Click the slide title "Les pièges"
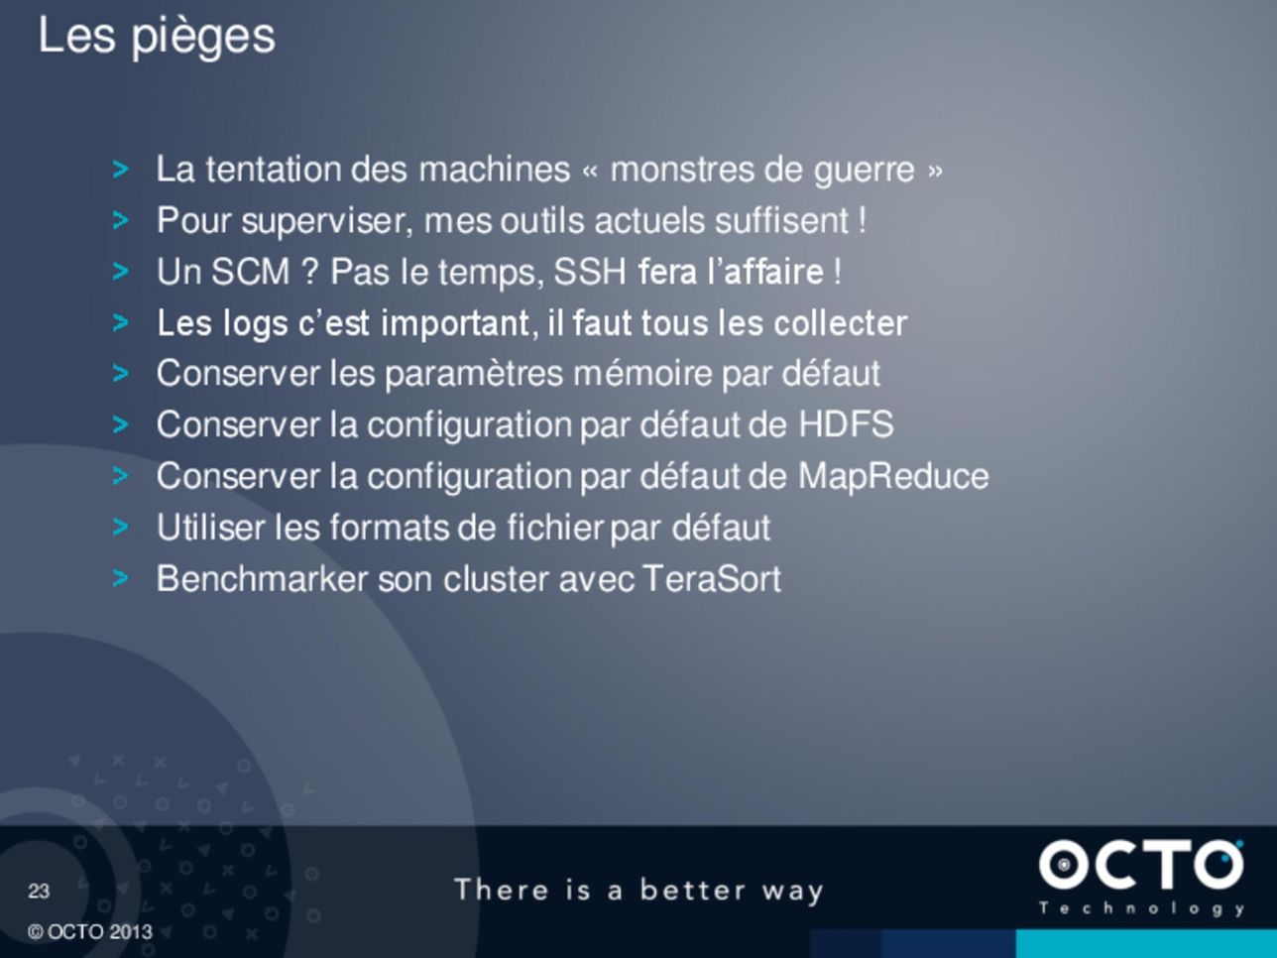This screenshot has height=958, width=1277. pos(157,37)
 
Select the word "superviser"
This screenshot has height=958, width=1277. pos(327,221)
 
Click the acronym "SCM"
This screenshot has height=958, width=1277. pos(251,272)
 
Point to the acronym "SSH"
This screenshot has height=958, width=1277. pos(590,272)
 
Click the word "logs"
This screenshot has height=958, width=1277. pos(255,324)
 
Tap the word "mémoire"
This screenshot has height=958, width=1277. pos(642,373)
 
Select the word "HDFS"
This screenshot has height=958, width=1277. pos(846,424)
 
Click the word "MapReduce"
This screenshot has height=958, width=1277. pos(893,477)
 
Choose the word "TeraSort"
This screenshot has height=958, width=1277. pos(712,579)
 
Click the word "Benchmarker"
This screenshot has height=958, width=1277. pos(263,579)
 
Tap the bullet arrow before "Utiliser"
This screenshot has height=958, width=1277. pos(120,528)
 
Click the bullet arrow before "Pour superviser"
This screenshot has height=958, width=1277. pos(120,220)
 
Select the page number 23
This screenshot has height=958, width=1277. pos(39,891)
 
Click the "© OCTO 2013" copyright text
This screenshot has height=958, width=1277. pos(90,932)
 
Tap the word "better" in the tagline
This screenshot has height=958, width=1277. pos(692,890)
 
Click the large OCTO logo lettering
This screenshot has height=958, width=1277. pos(1141,865)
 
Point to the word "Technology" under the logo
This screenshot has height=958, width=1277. pos(1141,908)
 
